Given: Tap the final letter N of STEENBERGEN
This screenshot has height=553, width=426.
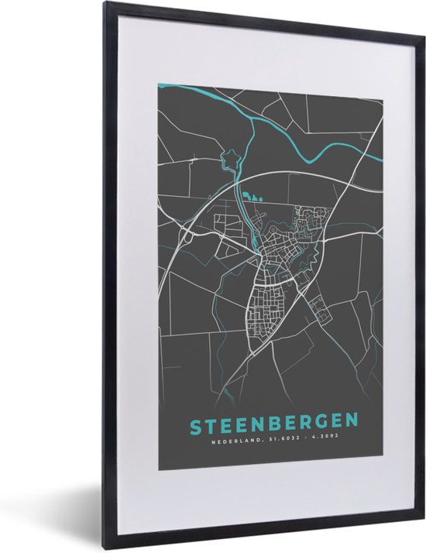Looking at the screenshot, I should pyautogui.click(x=352, y=423).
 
